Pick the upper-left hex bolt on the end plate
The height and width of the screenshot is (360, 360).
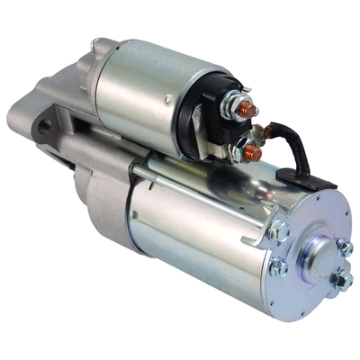pos(278,232)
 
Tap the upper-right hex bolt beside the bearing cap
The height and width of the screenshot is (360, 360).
pos(346,246)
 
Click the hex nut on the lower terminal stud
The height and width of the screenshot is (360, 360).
pos(244,151)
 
